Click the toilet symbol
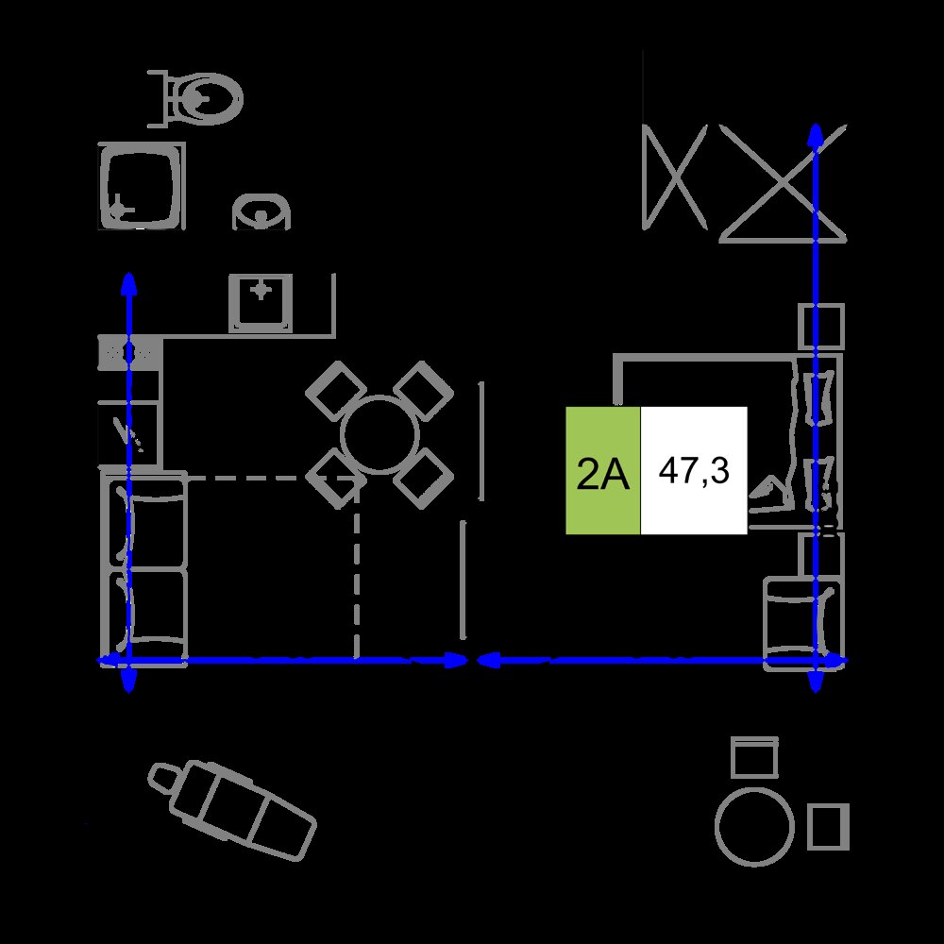195,99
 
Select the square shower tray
142,186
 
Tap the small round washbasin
261,211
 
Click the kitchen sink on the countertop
261,303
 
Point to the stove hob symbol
128,353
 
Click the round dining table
379,434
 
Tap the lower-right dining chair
423,479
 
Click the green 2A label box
602,470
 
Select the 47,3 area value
694,470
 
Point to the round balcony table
754,827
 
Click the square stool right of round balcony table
828,827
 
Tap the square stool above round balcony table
754,757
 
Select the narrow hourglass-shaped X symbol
675,177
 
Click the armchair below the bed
803,624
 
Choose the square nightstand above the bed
821,326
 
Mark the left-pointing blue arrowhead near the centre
487,661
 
